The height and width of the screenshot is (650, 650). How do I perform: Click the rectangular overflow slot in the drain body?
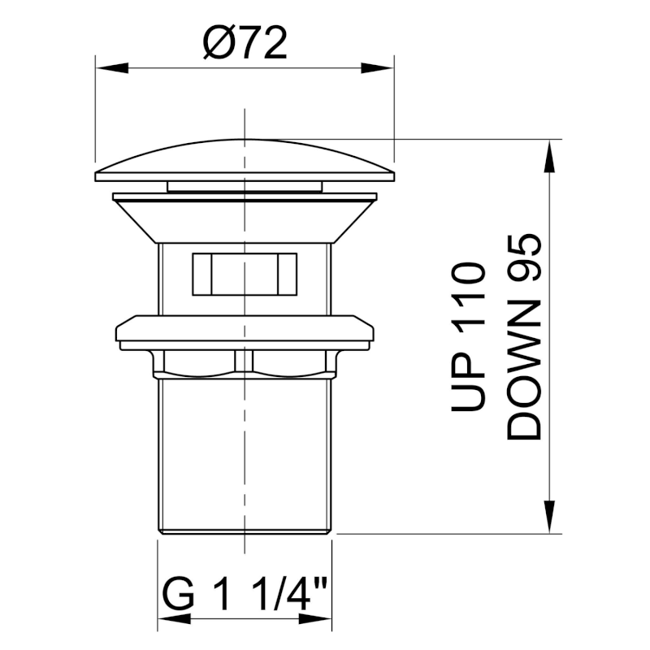[x=245, y=274]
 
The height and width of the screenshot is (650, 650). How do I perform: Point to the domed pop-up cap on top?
[x=245, y=159]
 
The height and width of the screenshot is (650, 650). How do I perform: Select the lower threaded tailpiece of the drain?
[x=203, y=455]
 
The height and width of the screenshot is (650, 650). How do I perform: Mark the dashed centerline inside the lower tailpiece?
[x=245, y=455]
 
